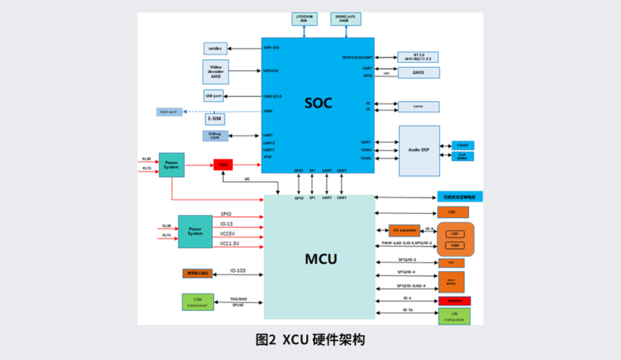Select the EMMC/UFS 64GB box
click(x=344, y=18)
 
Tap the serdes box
click(x=216, y=48)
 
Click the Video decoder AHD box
click(x=216, y=71)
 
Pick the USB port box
click(x=213, y=95)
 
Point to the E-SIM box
click(x=215, y=119)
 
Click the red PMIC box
click(x=223, y=164)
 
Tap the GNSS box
click(x=419, y=72)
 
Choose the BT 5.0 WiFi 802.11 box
click(x=418, y=57)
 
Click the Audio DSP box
click(x=419, y=150)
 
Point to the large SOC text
click(x=318, y=103)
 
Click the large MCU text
click(x=320, y=259)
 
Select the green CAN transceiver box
click(x=198, y=302)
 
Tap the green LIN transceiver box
click(x=454, y=316)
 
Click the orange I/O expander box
click(x=404, y=230)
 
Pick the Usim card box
click(x=169, y=112)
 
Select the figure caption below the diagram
click(x=310, y=340)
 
